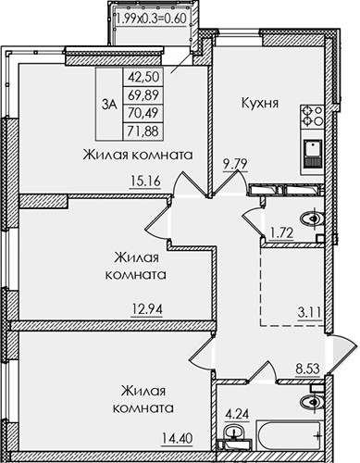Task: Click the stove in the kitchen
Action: (x=309, y=117)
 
